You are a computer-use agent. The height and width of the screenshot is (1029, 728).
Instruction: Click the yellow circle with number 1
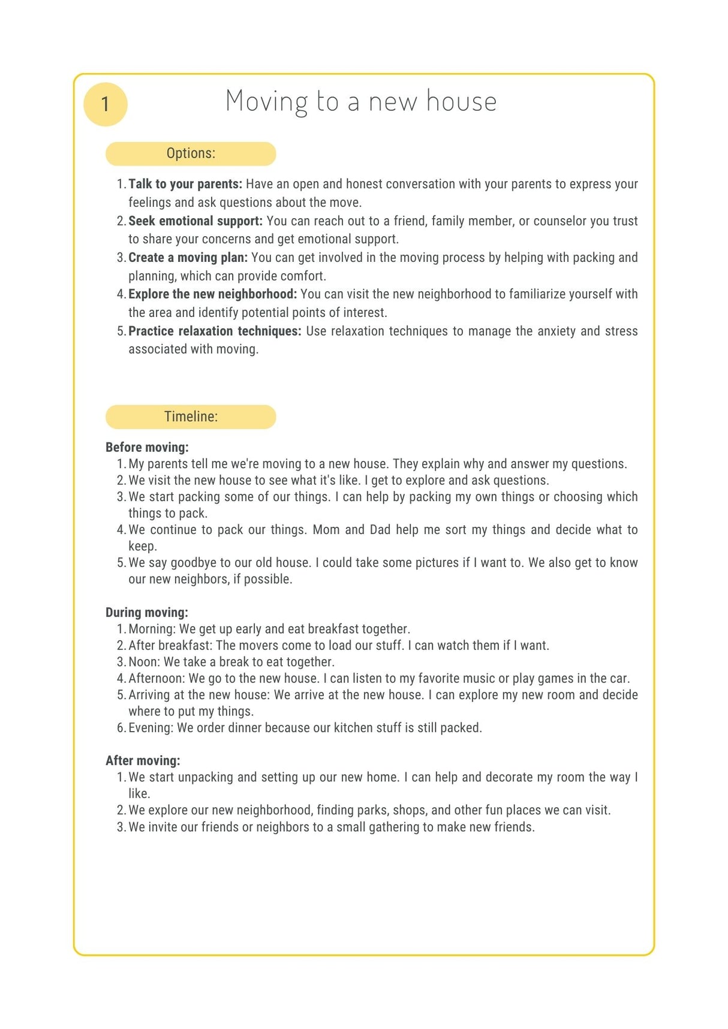point(106,104)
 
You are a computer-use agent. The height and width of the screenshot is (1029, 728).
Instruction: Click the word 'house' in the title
point(461,101)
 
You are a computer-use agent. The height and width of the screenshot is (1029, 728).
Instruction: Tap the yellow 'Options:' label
point(191,153)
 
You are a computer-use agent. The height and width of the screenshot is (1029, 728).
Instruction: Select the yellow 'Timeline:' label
point(191,417)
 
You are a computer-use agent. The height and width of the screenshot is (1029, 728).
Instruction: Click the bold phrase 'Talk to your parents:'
point(185,184)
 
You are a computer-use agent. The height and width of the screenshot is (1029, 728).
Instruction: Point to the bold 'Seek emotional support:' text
point(195,221)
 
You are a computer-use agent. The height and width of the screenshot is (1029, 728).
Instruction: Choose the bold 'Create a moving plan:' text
point(188,258)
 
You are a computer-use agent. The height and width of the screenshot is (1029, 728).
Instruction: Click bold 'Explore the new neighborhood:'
point(212,294)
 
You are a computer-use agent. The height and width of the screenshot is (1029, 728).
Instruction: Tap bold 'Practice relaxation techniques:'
point(215,331)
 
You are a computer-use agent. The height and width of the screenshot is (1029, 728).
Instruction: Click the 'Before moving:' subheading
point(147,447)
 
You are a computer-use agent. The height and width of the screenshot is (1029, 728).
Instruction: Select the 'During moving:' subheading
point(147,612)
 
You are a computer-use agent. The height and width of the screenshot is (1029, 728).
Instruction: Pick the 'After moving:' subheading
point(143,761)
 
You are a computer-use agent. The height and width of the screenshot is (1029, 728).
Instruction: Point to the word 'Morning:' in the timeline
point(152,629)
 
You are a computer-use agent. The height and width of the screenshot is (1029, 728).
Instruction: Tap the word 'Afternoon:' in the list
point(157,678)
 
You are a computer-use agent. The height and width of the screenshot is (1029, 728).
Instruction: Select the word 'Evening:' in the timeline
point(151,728)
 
